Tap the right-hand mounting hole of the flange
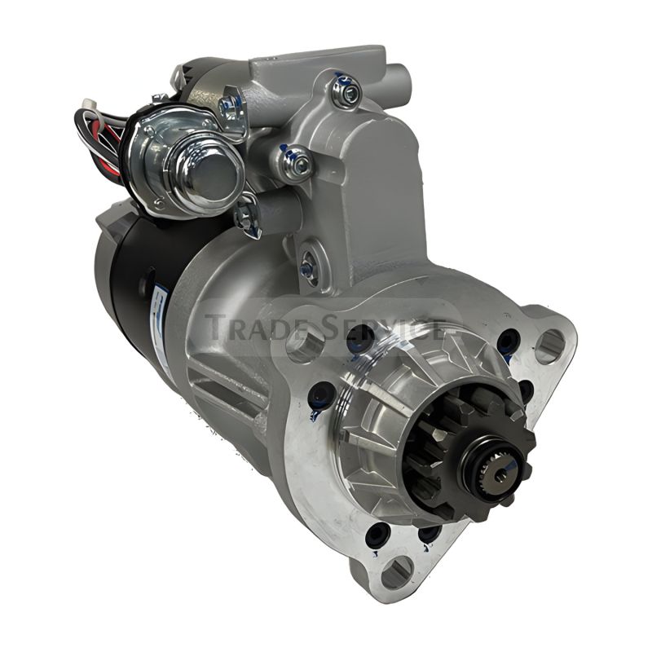(x=549, y=346)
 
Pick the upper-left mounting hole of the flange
(x=305, y=345)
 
